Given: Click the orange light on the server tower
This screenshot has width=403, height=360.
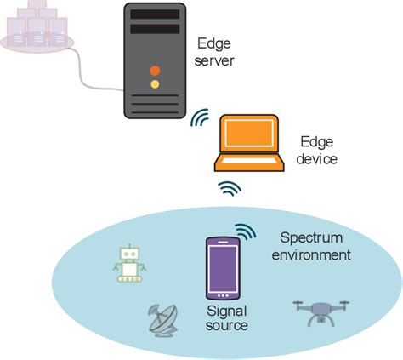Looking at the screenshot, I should point(154,69).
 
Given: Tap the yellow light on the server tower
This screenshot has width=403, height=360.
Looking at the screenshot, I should point(154,84).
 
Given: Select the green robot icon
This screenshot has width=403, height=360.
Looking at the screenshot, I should point(129,264).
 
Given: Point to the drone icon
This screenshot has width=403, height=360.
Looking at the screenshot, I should point(318,312).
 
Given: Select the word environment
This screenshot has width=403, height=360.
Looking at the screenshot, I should point(315,254).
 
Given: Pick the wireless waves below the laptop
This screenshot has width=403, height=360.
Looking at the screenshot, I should point(228,188).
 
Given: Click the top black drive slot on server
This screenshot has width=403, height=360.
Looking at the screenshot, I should point(154,13).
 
